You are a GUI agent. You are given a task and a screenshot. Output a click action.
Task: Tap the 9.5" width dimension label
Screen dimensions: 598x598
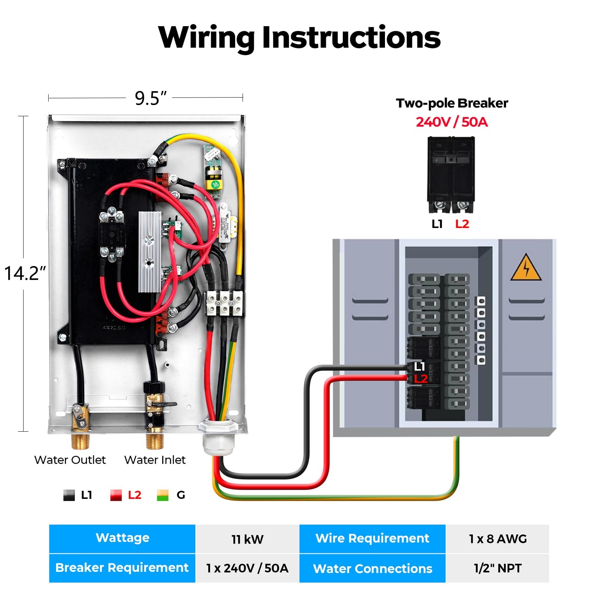[x=150, y=98]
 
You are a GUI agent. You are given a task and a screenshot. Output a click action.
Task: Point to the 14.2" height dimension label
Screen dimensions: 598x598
[x=25, y=273]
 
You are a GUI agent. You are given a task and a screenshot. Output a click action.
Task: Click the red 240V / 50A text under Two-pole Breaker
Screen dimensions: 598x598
[x=451, y=122]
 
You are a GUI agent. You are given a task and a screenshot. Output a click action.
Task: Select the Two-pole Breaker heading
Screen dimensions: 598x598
[x=451, y=103]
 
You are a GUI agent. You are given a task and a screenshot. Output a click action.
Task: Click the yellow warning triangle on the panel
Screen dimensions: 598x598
[x=525, y=268]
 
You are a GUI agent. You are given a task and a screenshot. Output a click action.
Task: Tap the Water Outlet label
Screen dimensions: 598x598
[x=70, y=460]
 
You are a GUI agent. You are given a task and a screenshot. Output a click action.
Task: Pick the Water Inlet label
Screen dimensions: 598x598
[x=155, y=460]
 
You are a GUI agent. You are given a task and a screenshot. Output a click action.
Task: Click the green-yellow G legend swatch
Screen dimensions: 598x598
[x=163, y=495]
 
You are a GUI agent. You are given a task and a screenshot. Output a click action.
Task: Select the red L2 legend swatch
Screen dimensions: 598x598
[x=116, y=495]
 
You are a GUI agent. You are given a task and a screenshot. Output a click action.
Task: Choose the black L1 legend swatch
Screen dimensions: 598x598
[x=69, y=495]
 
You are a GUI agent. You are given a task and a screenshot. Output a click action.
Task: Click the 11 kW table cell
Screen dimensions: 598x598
[x=247, y=539]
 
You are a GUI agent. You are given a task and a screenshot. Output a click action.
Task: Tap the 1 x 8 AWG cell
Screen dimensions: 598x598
[x=497, y=539]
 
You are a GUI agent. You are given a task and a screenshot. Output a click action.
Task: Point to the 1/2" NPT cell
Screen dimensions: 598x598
[x=497, y=568]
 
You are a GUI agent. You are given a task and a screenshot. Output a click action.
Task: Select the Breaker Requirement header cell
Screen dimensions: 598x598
[x=122, y=568]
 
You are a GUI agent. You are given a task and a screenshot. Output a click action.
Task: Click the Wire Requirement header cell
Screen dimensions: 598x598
[x=372, y=538]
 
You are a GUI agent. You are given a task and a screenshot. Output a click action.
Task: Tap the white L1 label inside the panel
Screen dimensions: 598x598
[x=420, y=367]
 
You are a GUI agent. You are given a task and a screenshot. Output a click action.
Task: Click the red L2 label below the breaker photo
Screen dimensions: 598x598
[x=462, y=224]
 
